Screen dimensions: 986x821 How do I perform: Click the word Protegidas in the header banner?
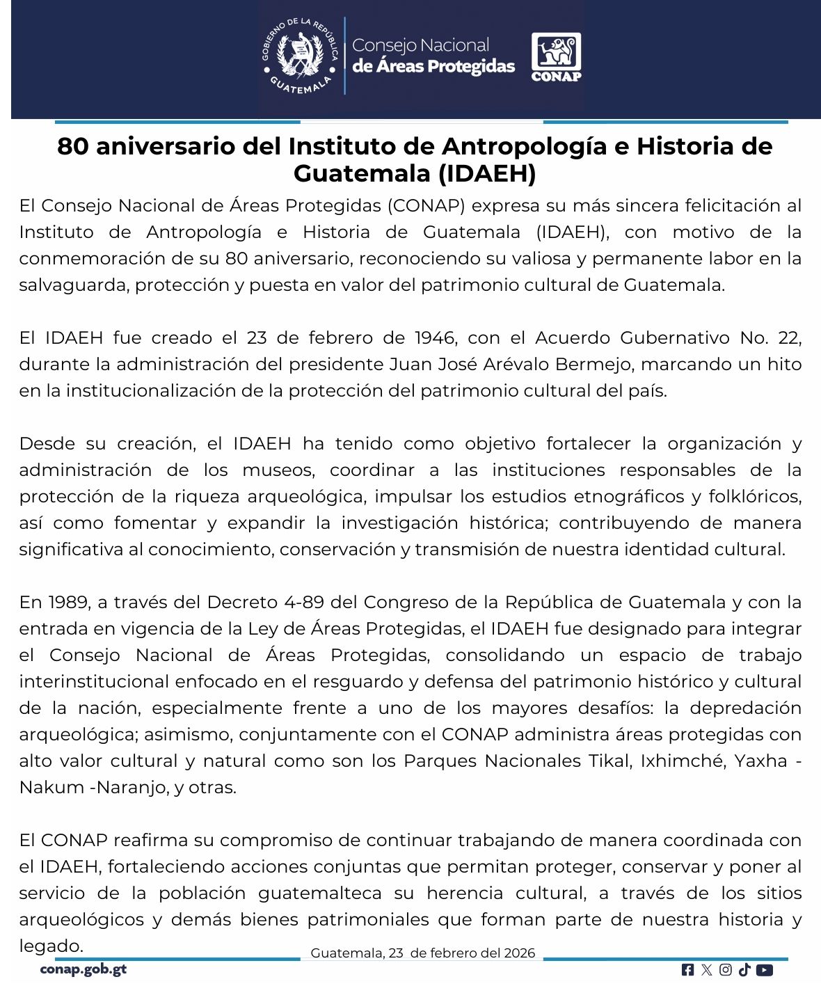click(470, 67)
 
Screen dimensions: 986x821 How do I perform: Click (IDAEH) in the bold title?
click(488, 173)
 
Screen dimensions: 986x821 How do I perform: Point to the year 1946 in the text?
click(435, 338)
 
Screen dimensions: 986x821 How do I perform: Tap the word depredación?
click(746, 708)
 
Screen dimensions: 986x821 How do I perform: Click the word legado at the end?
click(50, 946)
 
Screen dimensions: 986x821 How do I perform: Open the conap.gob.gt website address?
click(83, 969)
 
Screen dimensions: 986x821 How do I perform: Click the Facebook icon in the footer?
click(687, 970)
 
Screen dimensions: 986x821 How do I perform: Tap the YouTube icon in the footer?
click(764, 970)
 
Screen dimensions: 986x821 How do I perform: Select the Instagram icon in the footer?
click(726, 970)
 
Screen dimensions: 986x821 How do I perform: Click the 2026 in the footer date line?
click(520, 953)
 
